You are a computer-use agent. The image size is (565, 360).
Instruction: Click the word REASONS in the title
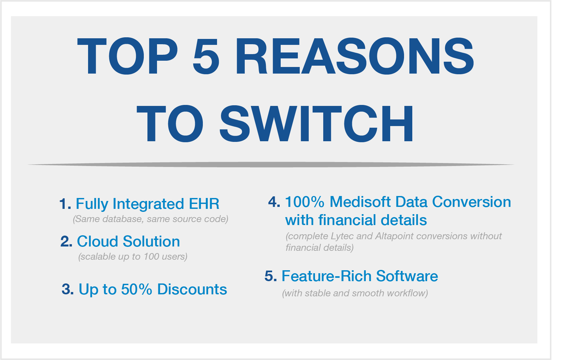click(x=355, y=56)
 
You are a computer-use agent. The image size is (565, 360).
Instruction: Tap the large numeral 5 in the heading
click(x=206, y=56)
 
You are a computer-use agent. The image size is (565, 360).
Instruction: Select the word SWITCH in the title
click(x=316, y=124)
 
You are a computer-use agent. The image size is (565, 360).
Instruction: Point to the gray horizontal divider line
click(x=271, y=164)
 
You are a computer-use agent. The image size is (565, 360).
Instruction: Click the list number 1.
click(x=65, y=204)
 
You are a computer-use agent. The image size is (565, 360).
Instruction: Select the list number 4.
click(x=274, y=202)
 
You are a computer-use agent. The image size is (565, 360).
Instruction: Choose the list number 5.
click(x=271, y=276)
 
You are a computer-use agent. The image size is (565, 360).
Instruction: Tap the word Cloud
click(x=97, y=242)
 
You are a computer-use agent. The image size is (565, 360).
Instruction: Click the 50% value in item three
click(x=137, y=289)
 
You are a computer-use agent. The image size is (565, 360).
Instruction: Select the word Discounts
click(x=192, y=289)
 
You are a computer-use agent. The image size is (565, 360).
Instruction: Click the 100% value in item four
click(x=304, y=202)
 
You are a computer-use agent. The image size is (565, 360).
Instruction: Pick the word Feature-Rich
click(x=327, y=276)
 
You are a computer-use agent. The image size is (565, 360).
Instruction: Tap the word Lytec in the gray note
click(x=340, y=236)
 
